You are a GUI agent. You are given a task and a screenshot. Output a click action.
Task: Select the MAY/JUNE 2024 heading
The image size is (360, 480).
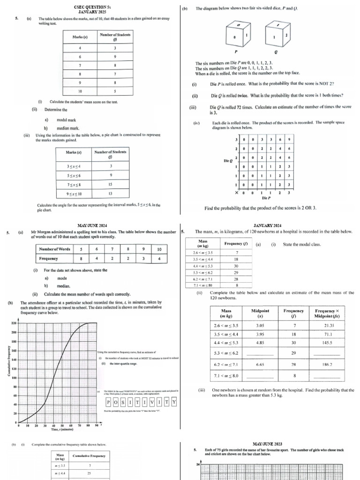(90, 225)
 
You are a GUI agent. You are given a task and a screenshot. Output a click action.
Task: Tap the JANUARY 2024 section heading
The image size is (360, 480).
(267, 225)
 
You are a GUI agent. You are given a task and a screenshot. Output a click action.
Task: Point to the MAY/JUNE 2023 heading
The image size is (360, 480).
(267, 443)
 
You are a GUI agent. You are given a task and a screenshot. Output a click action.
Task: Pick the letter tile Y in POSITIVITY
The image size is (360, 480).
(174, 402)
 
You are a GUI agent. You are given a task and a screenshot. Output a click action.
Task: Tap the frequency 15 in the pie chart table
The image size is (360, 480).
(111, 184)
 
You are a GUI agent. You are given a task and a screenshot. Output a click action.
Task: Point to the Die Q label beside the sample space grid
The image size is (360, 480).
(228, 161)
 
